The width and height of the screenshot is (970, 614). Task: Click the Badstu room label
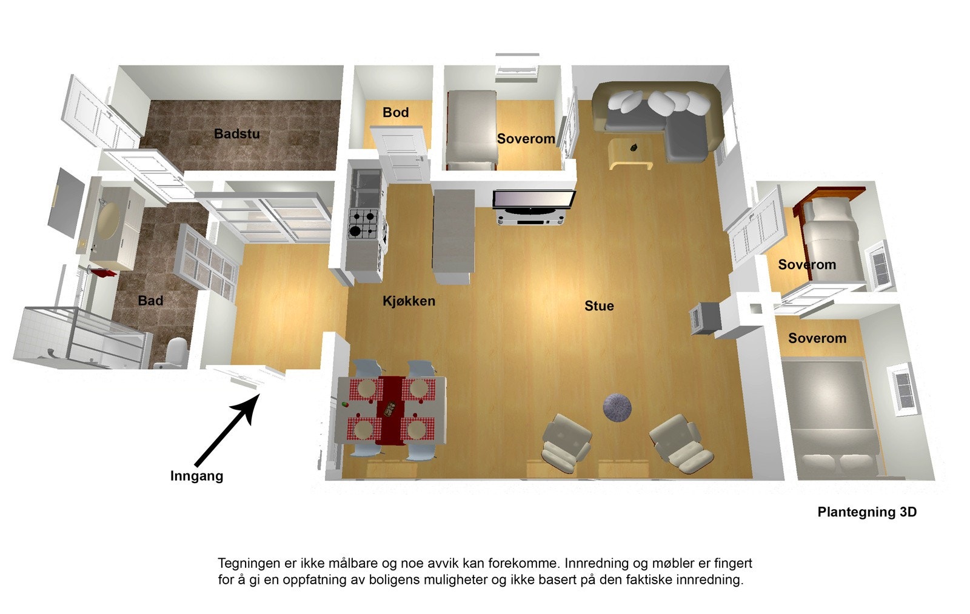coord(236,133)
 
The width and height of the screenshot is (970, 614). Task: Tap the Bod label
coord(395,112)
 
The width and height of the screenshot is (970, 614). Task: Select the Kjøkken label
coord(409,301)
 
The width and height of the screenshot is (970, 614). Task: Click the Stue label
coord(599,306)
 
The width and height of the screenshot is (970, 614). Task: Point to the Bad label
coord(150,301)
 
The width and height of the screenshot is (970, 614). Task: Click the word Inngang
coord(196,476)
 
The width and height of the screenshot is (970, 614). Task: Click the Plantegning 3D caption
coord(867,512)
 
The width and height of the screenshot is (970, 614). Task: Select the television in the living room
coord(533,200)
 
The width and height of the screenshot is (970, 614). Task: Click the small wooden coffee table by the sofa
coord(630,153)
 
